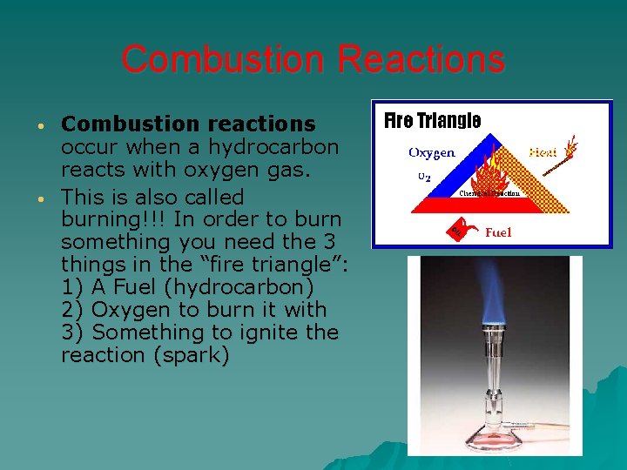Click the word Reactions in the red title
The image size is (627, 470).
[x=421, y=60]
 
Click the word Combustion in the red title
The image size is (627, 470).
[x=224, y=60]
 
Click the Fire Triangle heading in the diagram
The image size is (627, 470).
[x=433, y=120]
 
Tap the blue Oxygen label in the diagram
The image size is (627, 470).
[x=432, y=153]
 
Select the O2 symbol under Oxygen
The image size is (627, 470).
[x=423, y=176]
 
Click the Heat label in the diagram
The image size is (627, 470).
[x=543, y=152]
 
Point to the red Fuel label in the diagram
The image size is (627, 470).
[x=498, y=232]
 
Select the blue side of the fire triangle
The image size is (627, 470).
[x=458, y=181]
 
